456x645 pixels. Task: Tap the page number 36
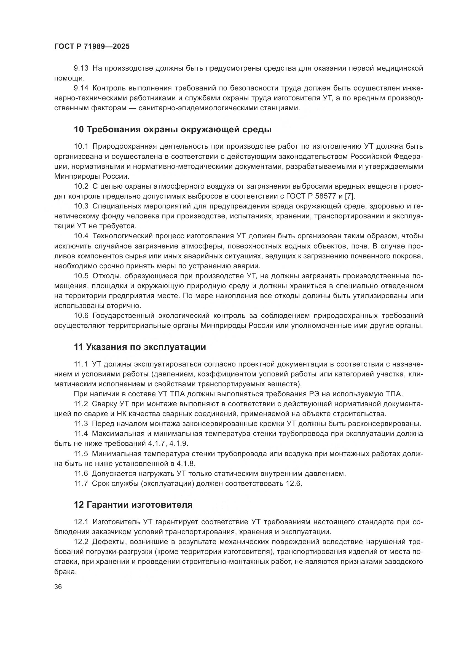pyautogui.click(x=58, y=587)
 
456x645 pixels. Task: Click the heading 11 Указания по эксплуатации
pyautogui.click(x=140, y=347)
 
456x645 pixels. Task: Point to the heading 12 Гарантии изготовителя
pyautogui.click(x=133, y=505)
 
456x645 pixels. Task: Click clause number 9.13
pyautogui.click(x=81, y=68)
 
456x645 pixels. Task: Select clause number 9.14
pyautogui.click(x=81, y=88)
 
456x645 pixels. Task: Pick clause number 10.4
pyautogui.click(x=81, y=236)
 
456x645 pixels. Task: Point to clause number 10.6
pyautogui.click(x=81, y=316)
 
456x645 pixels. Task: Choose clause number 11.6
pyautogui.click(x=81, y=474)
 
